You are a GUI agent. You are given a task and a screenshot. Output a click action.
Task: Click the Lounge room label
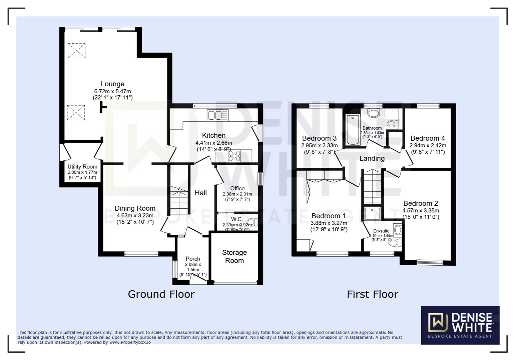coord(112,84)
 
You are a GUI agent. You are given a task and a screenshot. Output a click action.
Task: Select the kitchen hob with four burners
coord(234,156)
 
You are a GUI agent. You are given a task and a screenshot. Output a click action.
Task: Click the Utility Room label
coord(82,167)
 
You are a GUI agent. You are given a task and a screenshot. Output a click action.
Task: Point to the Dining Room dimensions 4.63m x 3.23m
coord(135,215)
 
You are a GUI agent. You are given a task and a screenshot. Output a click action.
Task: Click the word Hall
coord(200,193)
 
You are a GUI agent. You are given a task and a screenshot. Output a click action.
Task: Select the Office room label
coord(237,188)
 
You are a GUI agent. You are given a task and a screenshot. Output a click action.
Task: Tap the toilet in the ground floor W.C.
coord(252,222)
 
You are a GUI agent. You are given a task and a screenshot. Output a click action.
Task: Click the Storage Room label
coord(234,257)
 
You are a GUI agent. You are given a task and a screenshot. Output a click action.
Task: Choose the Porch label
coord(193,259)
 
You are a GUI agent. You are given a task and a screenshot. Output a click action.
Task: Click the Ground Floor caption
coord(161,294)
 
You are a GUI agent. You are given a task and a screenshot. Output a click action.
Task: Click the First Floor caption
coord(372,294)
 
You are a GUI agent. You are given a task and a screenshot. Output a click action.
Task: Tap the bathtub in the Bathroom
coord(352,130)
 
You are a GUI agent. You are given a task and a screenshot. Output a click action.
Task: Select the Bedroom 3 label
coord(319,138)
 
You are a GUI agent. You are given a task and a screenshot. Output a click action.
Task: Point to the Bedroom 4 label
coord(428,138)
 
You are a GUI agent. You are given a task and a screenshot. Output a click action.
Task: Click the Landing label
coord(372,158)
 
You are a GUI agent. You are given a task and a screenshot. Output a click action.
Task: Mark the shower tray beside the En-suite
coord(372,213)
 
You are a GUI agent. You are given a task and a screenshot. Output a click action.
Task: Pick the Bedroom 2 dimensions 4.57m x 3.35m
coord(421,211)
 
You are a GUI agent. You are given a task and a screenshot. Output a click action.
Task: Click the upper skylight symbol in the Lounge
coord(76,51)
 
